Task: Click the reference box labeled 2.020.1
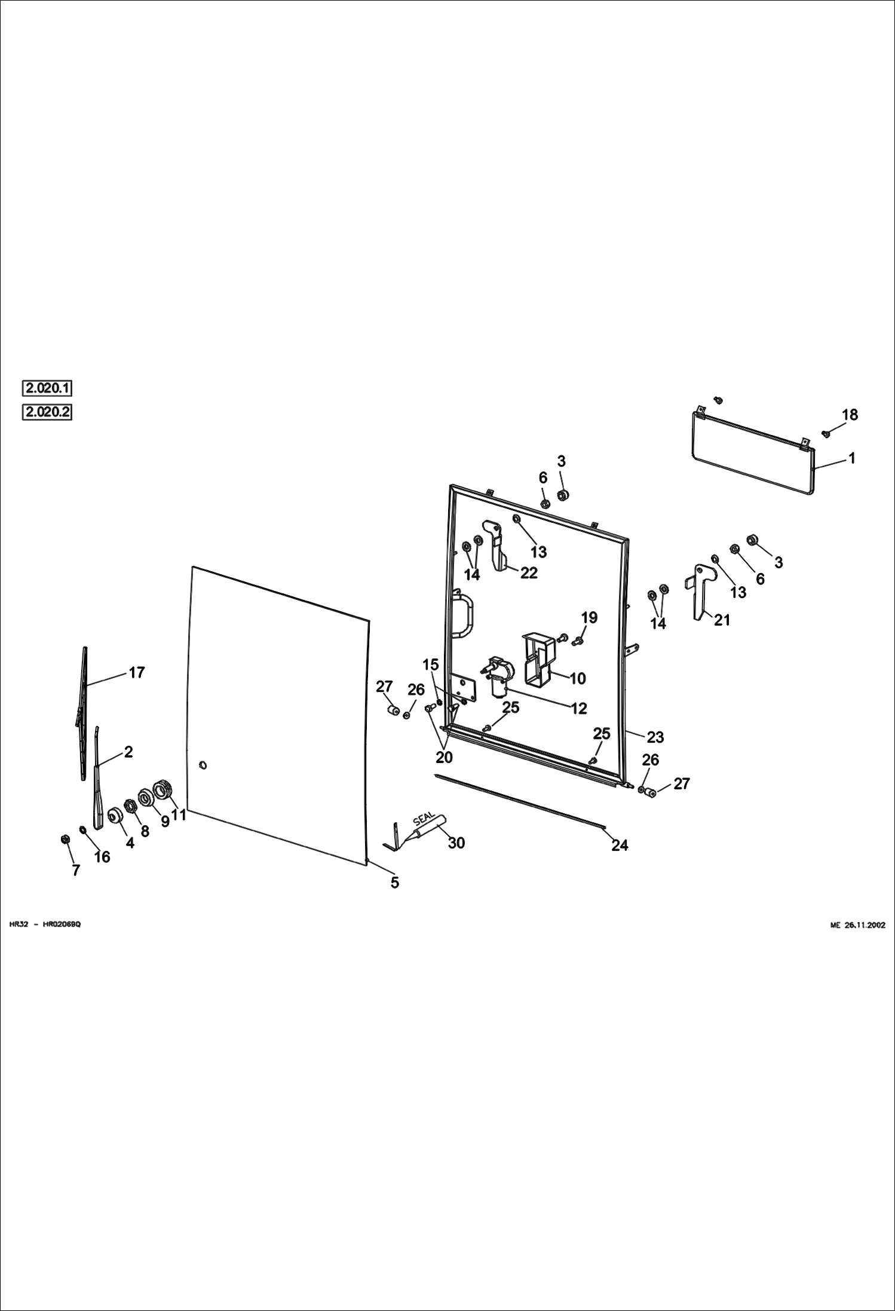47,388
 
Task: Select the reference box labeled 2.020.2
47,412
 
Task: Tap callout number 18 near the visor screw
850,415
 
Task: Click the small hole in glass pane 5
203,765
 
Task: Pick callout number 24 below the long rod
620,845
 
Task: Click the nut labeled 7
65,840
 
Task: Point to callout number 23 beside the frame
655,737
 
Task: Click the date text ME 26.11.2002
857,925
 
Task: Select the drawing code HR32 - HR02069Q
45,925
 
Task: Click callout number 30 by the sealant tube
456,843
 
